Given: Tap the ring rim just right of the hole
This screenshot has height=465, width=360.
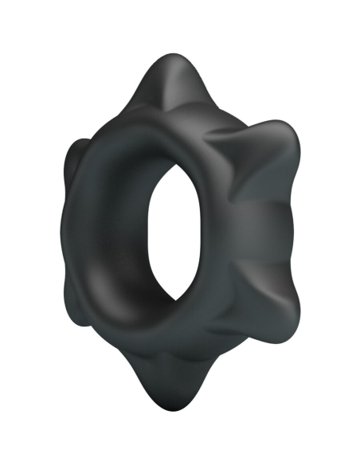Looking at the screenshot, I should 219,231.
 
